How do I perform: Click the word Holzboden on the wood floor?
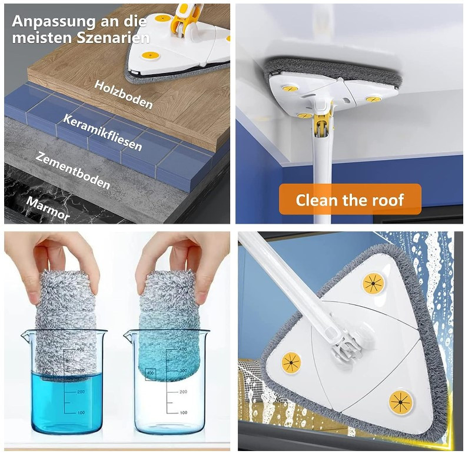click(124, 95)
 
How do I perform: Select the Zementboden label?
click(73, 170)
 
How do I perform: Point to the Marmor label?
click(48, 207)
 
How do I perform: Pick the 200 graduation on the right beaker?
click(183, 391)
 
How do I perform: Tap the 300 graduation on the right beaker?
click(183, 371)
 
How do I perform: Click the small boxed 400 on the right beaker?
click(150, 373)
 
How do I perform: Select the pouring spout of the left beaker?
click(25, 336)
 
